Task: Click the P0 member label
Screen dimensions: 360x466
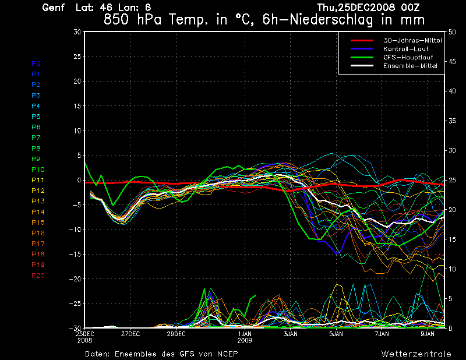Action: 36,63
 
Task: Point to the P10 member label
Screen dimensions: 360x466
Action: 38,170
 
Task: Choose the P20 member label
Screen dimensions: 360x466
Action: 38,276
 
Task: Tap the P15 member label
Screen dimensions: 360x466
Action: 38,223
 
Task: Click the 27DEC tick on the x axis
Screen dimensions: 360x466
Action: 130,334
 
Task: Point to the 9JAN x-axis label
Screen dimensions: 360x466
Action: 428,334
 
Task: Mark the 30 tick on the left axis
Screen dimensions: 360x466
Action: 77,33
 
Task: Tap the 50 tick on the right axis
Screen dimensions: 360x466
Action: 451,33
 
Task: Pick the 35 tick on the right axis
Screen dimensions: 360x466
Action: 451,121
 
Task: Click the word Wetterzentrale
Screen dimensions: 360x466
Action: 416,354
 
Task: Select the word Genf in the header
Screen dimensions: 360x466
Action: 54,8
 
